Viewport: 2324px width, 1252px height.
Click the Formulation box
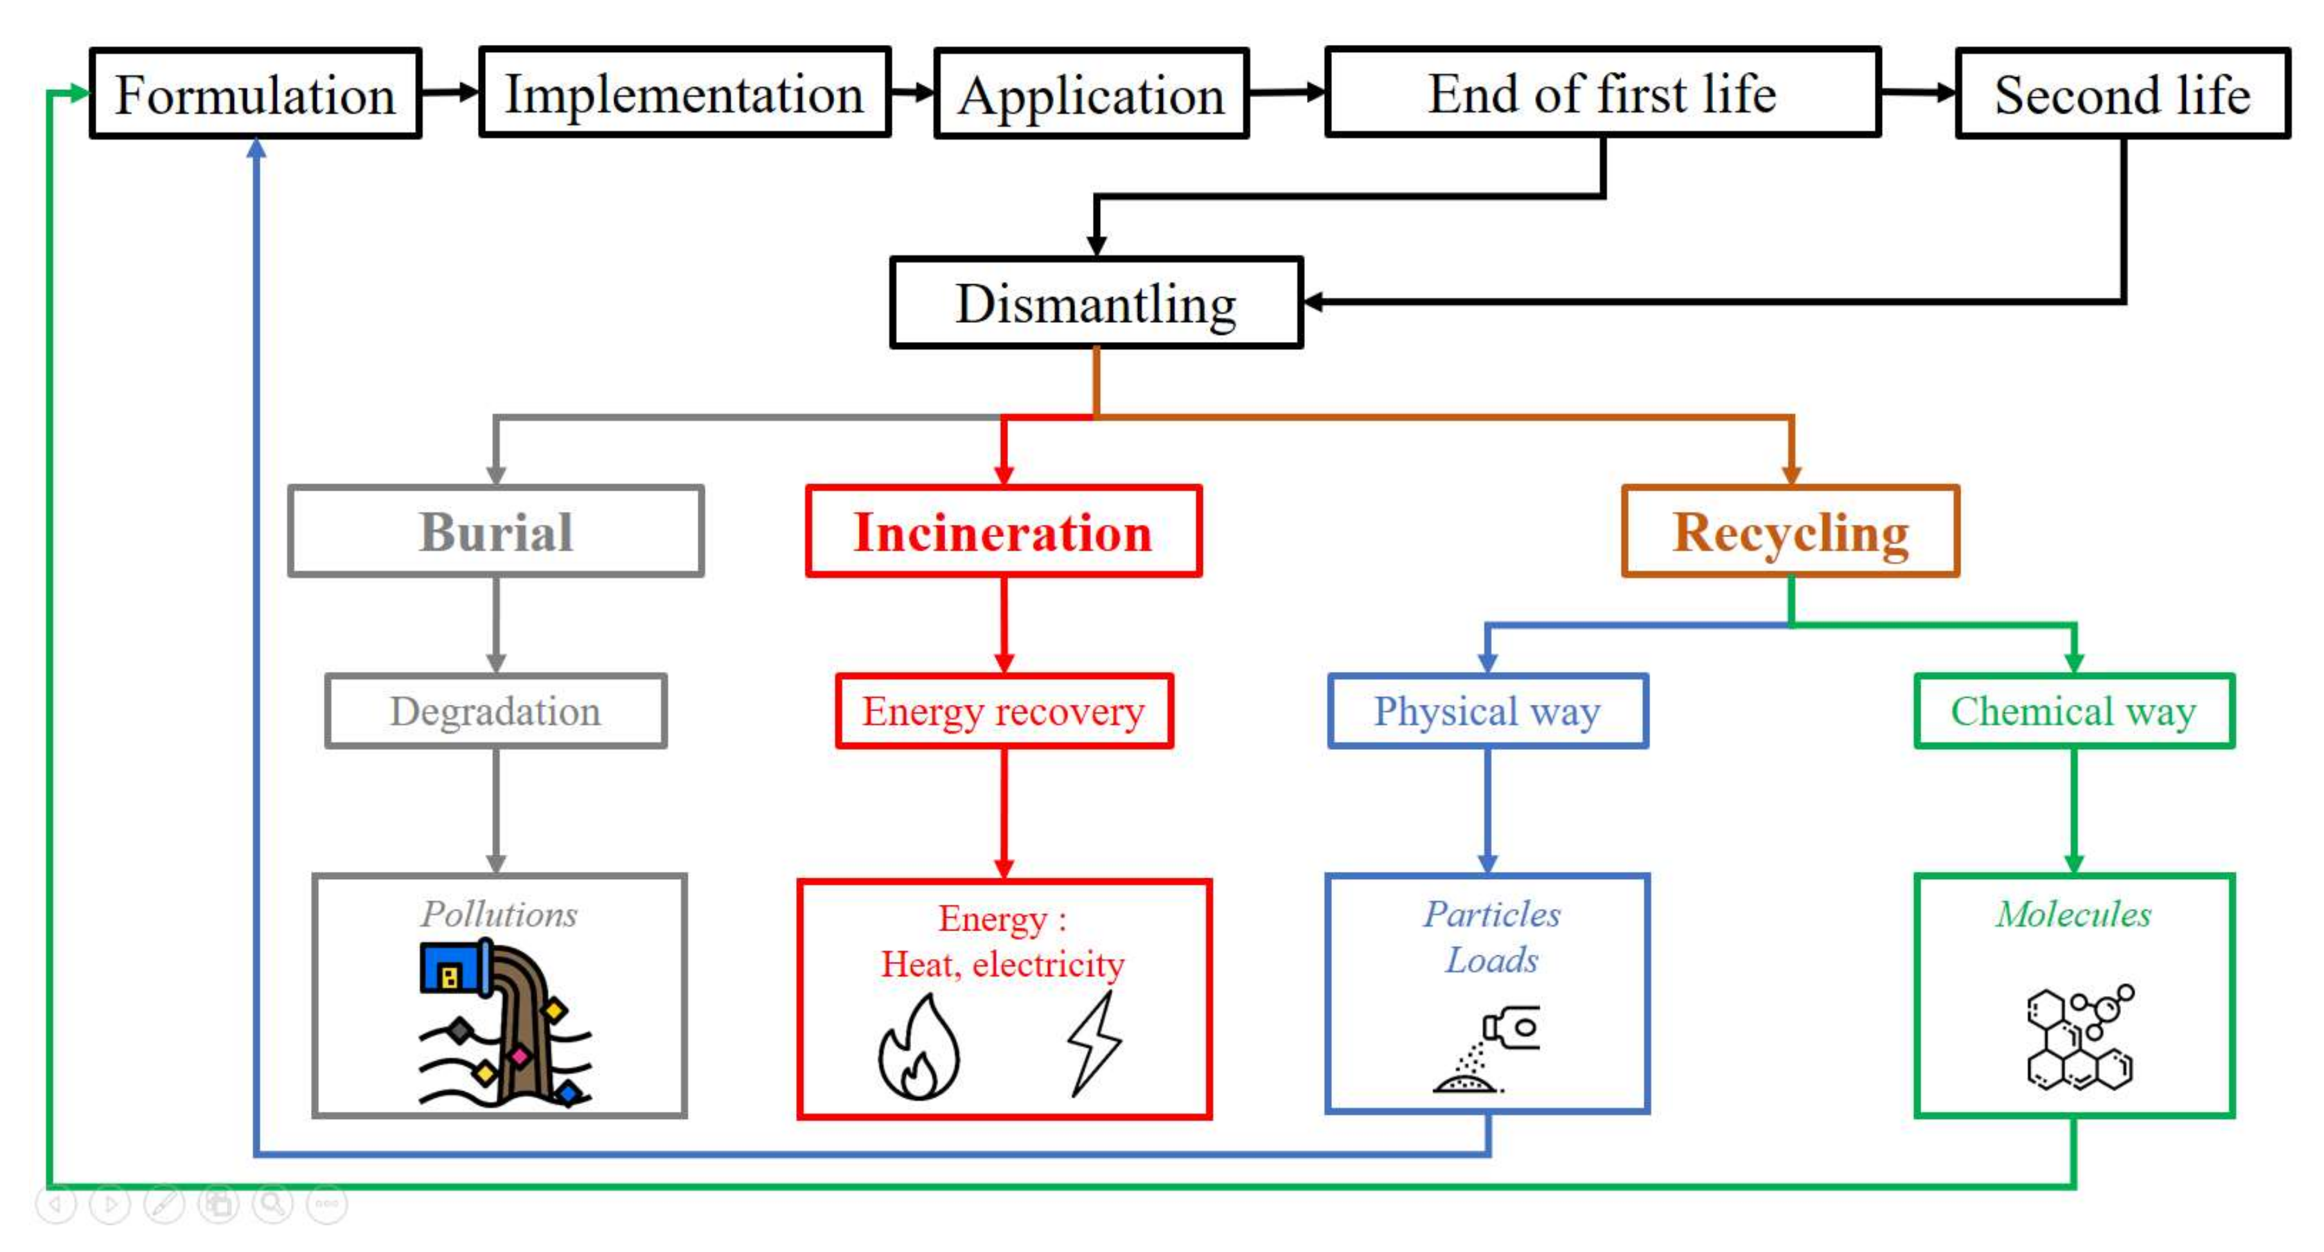255,93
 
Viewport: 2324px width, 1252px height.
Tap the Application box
1092,93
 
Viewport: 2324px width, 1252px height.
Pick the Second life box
2122,93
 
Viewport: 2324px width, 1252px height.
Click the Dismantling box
1096,302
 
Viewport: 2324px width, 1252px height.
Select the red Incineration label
1003,532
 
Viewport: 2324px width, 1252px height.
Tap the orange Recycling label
1791,532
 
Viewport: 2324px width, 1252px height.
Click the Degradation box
495,711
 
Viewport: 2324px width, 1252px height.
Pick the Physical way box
1487,711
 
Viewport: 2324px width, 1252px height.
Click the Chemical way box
2074,711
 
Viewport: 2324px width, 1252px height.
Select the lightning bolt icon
1094,1044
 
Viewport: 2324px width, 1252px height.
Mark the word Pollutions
499,914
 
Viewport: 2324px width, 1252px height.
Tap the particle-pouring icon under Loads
1487,1049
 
